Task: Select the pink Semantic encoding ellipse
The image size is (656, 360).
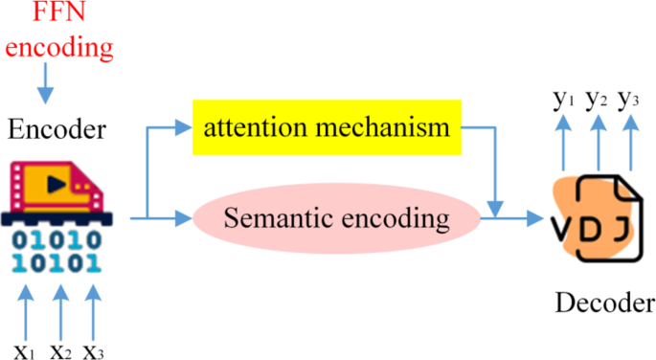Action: pyautogui.click(x=336, y=218)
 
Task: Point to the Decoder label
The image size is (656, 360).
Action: pyautogui.click(x=604, y=304)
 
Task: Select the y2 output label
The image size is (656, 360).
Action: pyautogui.click(x=597, y=99)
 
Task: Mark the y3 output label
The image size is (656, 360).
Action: pyautogui.click(x=629, y=99)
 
